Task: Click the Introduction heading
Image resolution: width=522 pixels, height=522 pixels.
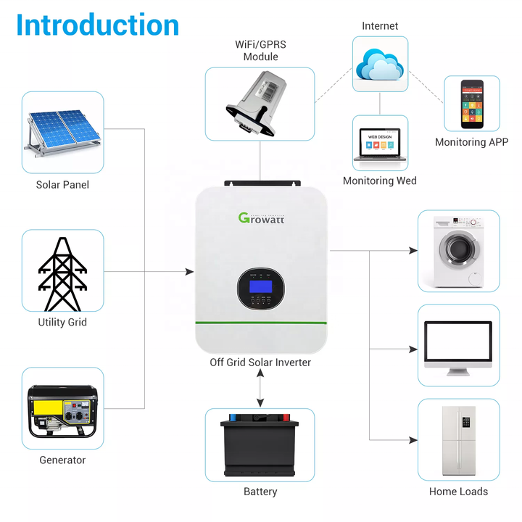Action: (98, 25)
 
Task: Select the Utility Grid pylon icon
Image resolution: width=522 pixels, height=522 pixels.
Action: (62, 273)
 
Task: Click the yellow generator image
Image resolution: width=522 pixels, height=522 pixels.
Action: (62, 411)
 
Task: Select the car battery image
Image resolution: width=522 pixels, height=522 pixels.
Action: (260, 444)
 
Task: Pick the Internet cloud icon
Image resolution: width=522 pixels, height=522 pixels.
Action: (380, 65)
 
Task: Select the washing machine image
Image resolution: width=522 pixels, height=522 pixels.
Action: (458, 252)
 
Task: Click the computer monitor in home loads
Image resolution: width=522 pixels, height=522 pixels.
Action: (458, 347)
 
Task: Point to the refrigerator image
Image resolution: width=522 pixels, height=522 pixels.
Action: (458, 440)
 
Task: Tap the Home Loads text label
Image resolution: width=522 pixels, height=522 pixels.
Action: (458, 492)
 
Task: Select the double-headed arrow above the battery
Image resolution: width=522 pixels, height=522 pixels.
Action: (260, 391)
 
